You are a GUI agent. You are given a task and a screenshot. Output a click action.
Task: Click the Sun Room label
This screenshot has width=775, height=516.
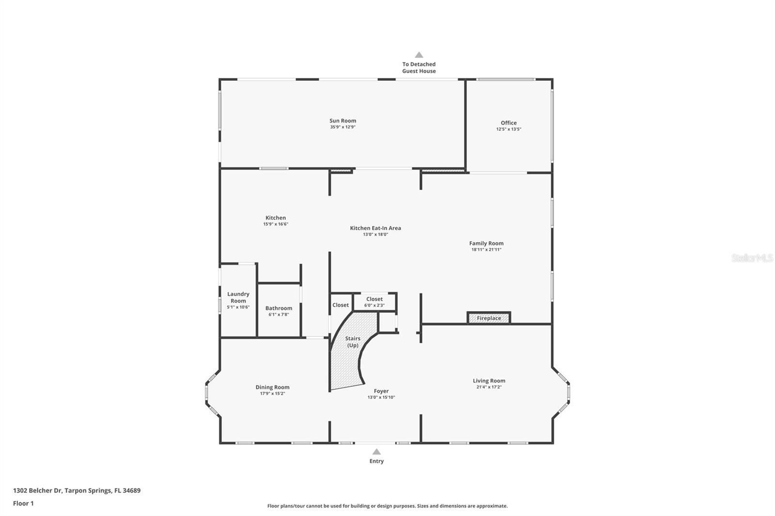[x=342, y=121]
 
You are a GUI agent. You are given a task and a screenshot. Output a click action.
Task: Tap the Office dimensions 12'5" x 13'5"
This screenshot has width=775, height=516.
[x=508, y=129]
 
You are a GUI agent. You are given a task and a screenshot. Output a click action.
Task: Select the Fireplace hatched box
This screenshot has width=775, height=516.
[x=489, y=318]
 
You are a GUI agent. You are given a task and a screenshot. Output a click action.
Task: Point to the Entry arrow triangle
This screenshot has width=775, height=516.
[x=376, y=452]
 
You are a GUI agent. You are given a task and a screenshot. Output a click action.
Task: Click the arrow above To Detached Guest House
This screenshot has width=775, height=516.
[x=419, y=55]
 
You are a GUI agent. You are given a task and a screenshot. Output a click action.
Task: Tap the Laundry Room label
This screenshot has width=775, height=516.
[x=238, y=297]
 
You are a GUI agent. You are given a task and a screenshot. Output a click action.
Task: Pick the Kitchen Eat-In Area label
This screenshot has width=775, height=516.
[x=375, y=228]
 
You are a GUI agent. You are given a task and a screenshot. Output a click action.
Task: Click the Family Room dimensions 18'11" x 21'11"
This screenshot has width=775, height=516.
[x=486, y=250]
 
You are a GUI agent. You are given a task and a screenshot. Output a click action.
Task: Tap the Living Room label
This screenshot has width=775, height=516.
[x=489, y=381]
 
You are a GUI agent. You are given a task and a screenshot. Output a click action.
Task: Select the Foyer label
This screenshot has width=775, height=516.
[x=381, y=391]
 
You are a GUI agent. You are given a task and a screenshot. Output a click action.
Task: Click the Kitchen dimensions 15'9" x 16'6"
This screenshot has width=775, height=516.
[x=276, y=224]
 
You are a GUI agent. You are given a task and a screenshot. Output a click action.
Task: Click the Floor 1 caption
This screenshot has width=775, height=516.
[x=23, y=503]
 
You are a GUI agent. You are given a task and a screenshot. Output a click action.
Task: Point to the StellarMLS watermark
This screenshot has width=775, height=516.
[x=752, y=258]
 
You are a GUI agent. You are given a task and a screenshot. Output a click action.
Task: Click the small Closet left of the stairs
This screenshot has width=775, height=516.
[x=341, y=305]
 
